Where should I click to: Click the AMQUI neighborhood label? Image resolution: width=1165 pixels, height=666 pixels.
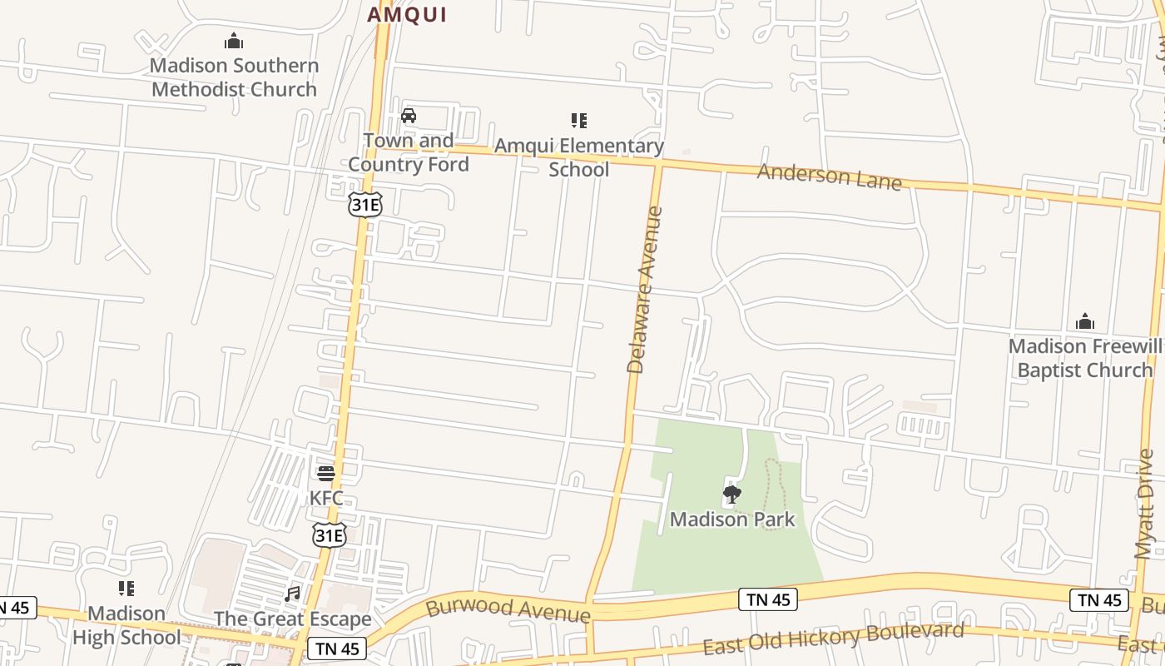coord(407,14)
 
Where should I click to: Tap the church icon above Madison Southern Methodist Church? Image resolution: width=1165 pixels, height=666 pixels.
coord(234,41)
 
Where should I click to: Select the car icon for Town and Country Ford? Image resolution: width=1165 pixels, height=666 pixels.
coord(409,116)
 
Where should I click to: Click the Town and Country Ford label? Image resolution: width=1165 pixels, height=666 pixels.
coord(409,152)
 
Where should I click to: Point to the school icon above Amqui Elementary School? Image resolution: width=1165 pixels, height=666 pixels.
coord(579,122)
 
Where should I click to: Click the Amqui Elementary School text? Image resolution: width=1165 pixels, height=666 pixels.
coord(579,157)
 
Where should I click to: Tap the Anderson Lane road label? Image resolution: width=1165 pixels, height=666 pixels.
coord(829,176)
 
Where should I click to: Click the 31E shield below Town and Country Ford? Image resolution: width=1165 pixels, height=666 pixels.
coord(364,204)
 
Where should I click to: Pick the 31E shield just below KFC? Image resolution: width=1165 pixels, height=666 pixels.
coord(329,535)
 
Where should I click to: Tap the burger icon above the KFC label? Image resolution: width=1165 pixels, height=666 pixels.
coord(326,474)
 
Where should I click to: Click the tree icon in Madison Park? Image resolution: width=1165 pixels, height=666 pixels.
coord(731,495)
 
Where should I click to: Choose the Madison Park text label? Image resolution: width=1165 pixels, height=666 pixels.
coord(732,519)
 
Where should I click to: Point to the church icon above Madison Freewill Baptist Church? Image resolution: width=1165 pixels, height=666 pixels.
coord(1084,321)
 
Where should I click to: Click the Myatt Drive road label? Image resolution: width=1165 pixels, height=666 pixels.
coord(1146,504)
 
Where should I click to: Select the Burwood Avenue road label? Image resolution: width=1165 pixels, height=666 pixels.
coord(508,609)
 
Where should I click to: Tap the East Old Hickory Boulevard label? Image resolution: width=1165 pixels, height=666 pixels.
coord(833,638)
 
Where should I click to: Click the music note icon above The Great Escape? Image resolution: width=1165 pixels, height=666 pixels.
coord(292,594)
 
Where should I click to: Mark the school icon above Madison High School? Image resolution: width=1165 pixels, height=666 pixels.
coord(126,589)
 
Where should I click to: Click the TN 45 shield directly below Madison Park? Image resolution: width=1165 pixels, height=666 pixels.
coord(767,599)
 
